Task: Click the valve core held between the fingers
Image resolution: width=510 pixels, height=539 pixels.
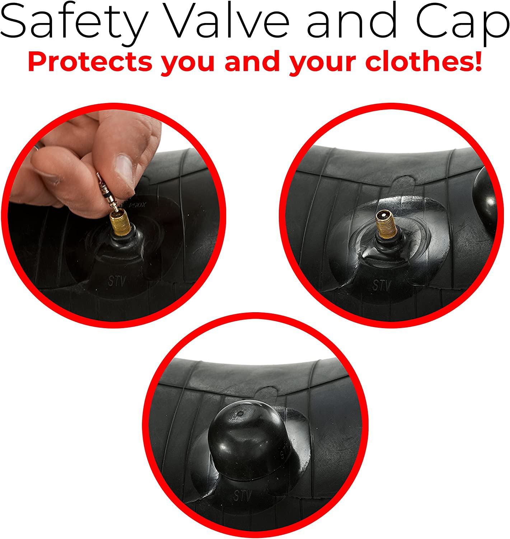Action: click(x=108, y=192)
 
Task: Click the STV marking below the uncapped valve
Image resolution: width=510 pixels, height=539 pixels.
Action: click(x=382, y=285)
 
